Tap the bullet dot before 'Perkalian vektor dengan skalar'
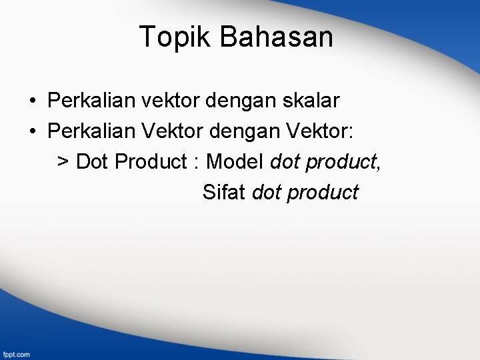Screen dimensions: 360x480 coord(32,101)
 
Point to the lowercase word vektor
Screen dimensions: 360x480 coord(165,101)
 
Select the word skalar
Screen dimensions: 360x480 coord(311,101)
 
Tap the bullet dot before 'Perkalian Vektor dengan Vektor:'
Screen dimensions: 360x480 coord(32,131)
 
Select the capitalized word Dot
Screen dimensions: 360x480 coord(93,161)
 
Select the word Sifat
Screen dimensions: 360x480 coord(225,192)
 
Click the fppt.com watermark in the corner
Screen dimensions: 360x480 coord(17,354)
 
